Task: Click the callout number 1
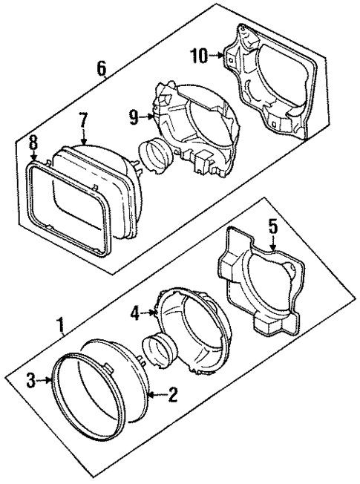tap(60, 325)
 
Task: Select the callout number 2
tap(172, 396)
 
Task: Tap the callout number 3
tap(30, 382)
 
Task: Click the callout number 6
tap(102, 68)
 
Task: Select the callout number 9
tap(134, 115)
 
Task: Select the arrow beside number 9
tap(148, 115)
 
